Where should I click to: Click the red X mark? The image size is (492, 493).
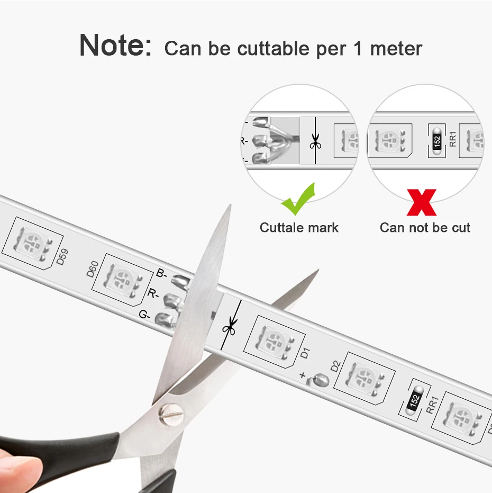point(422,202)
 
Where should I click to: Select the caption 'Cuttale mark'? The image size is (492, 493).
point(299,228)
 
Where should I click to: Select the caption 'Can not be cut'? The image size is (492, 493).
point(425,228)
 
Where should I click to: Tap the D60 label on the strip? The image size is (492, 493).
point(92,271)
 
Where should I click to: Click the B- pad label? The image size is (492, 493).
point(161,274)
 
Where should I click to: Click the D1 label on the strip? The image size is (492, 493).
point(305,353)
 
